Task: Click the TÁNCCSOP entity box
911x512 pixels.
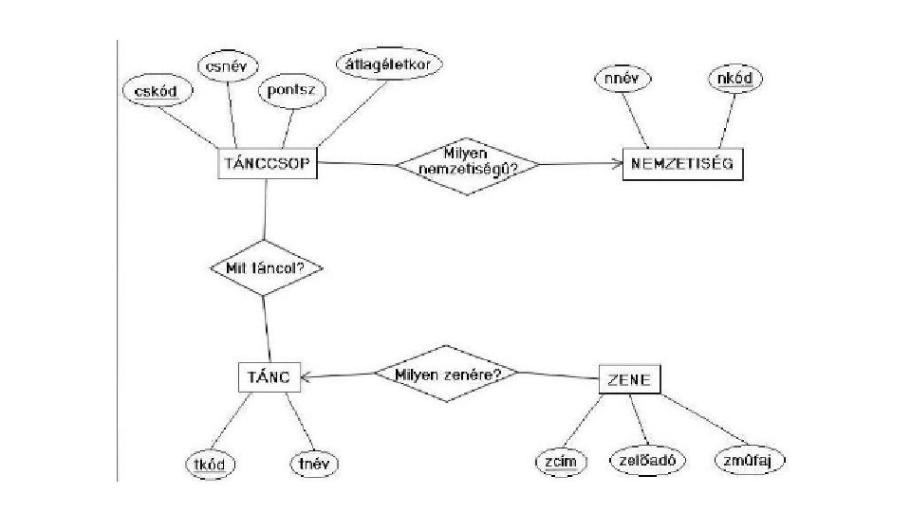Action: click(x=267, y=162)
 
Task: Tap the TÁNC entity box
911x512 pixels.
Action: click(x=268, y=376)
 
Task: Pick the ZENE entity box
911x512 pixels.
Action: click(x=628, y=379)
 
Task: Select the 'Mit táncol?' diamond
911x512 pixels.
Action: click(x=266, y=267)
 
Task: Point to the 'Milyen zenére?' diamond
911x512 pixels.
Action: click(x=446, y=373)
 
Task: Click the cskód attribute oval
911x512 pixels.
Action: click(x=157, y=91)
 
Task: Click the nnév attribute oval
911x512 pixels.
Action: click(x=622, y=79)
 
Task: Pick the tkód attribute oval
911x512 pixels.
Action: click(x=210, y=464)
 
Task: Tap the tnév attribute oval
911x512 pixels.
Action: click(x=313, y=464)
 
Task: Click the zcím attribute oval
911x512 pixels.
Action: click(x=561, y=460)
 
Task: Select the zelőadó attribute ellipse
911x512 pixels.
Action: click(x=644, y=460)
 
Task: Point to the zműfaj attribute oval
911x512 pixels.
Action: click(x=750, y=460)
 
